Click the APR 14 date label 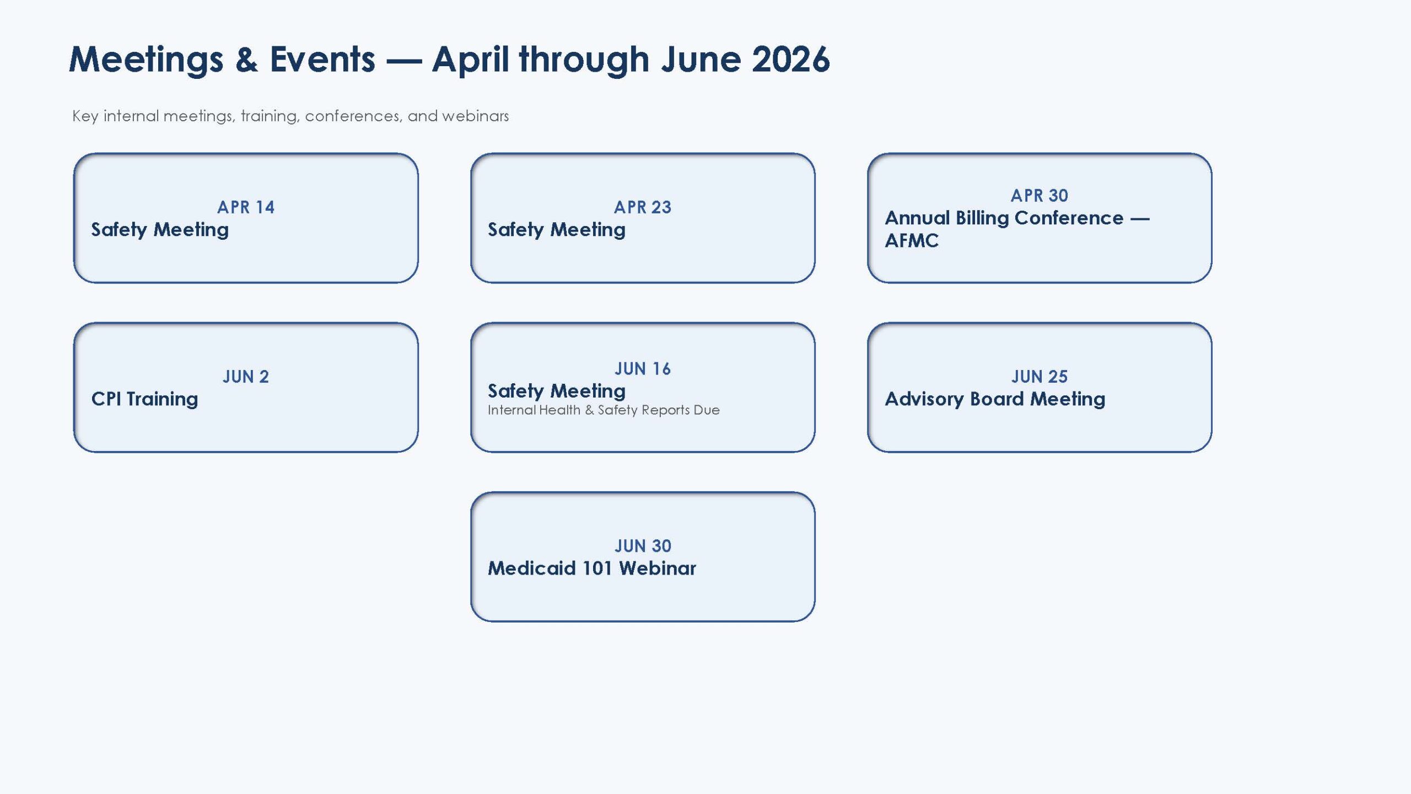click(x=246, y=207)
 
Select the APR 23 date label click(x=643, y=207)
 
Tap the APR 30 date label click(x=1040, y=196)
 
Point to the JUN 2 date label click(x=246, y=377)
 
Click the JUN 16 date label click(x=643, y=369)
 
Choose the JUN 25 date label click(x=1040, y=377)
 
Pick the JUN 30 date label click(x=643, y=546)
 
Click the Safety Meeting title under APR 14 click(x=160, y=230)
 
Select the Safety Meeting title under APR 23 click(x=557, y=230)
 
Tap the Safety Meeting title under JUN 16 click(x=557, y=391)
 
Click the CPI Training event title click(x=144, y=399)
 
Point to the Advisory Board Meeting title click(x=995, y=399)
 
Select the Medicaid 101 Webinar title click(x=592, y=568)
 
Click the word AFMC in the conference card click(x=912, y=241)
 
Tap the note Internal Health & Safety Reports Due click(x=604, y=410)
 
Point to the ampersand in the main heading click(x=246, y=59)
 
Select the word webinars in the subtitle click(x=475, y=116)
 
